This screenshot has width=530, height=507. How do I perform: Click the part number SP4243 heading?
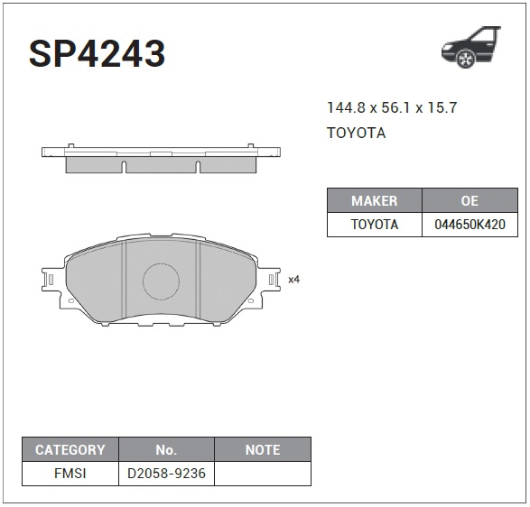97,53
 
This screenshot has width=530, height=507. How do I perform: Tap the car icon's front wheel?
466,59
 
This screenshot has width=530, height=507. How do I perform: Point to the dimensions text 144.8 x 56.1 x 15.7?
392,107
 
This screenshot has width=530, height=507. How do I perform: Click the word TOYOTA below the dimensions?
357,133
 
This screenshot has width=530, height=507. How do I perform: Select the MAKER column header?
375,200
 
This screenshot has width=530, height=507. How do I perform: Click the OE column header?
470,200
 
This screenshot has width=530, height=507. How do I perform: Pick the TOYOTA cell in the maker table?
375,225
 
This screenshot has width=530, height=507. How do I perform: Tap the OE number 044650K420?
470,225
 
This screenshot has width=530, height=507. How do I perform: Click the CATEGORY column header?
70,449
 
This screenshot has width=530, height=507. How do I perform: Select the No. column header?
166,449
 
